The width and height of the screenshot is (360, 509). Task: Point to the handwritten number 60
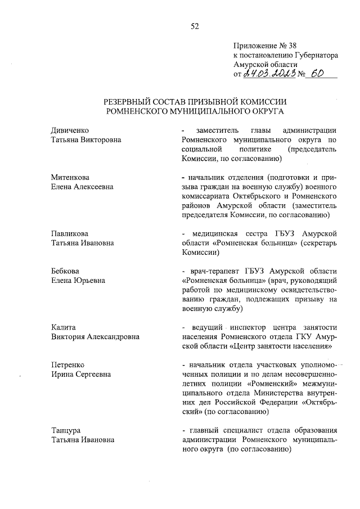click(x=318, y=74)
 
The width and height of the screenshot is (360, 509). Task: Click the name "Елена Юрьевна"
click(x=78, y=280)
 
